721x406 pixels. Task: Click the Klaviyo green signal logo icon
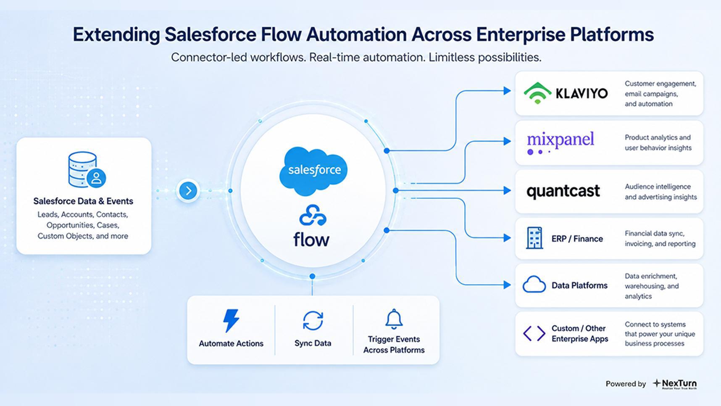click(537, 93)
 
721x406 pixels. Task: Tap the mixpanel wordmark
click(560, 142)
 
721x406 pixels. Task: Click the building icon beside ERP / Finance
click(534, 238)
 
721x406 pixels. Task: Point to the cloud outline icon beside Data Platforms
click(534, 285)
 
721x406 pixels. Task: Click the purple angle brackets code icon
click(534, 333)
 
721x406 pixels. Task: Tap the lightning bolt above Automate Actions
click(231, 321)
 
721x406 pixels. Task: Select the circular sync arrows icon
click(313, 321)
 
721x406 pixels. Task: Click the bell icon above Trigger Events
click(394, 319)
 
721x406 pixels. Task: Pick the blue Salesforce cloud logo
click(313, 171)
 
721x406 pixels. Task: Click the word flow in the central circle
click(311, 240)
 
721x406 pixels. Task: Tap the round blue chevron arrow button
click(188, 191)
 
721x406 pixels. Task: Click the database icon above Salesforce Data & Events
click(87, 170)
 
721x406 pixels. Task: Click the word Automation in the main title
click(356, 34)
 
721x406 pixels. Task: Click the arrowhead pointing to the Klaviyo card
click(507, 91)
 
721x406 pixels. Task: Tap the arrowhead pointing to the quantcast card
click(507, 190)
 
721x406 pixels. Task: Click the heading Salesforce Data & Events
click(83, 201)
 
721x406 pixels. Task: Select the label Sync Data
click(313, 343)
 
